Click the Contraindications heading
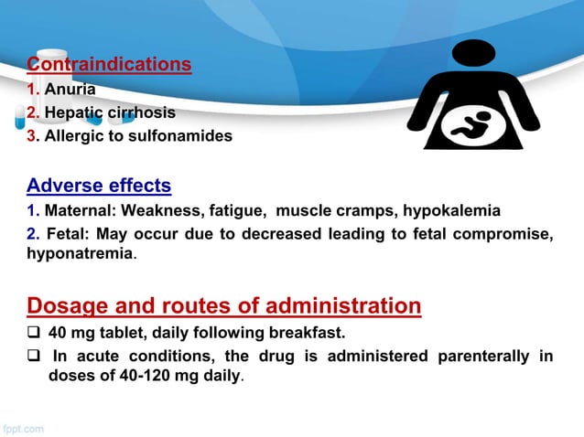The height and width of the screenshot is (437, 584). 109,65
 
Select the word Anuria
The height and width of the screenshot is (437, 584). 70,91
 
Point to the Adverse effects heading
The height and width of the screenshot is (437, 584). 99,187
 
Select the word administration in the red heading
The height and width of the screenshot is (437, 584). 339,305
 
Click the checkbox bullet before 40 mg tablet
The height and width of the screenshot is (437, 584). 33,333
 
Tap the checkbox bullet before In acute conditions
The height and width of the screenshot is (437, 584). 33,357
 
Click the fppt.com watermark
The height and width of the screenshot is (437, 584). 22,428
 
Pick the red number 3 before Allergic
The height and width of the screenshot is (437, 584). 31,136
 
